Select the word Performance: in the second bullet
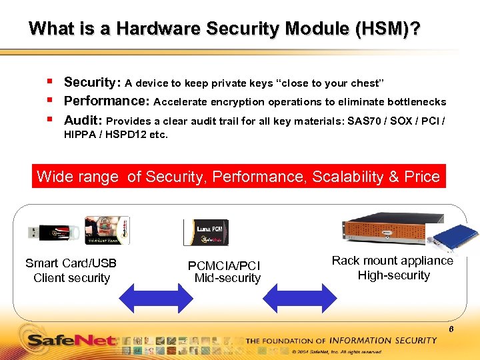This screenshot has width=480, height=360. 107,101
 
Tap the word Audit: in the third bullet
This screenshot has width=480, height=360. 83,121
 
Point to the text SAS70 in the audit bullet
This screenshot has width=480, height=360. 363,121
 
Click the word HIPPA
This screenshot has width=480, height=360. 79,135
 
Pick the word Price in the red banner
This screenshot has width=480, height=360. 422,177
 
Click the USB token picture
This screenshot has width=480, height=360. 54,231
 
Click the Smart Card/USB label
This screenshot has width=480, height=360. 71,263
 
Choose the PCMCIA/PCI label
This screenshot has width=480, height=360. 224,265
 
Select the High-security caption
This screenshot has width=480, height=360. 394,275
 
